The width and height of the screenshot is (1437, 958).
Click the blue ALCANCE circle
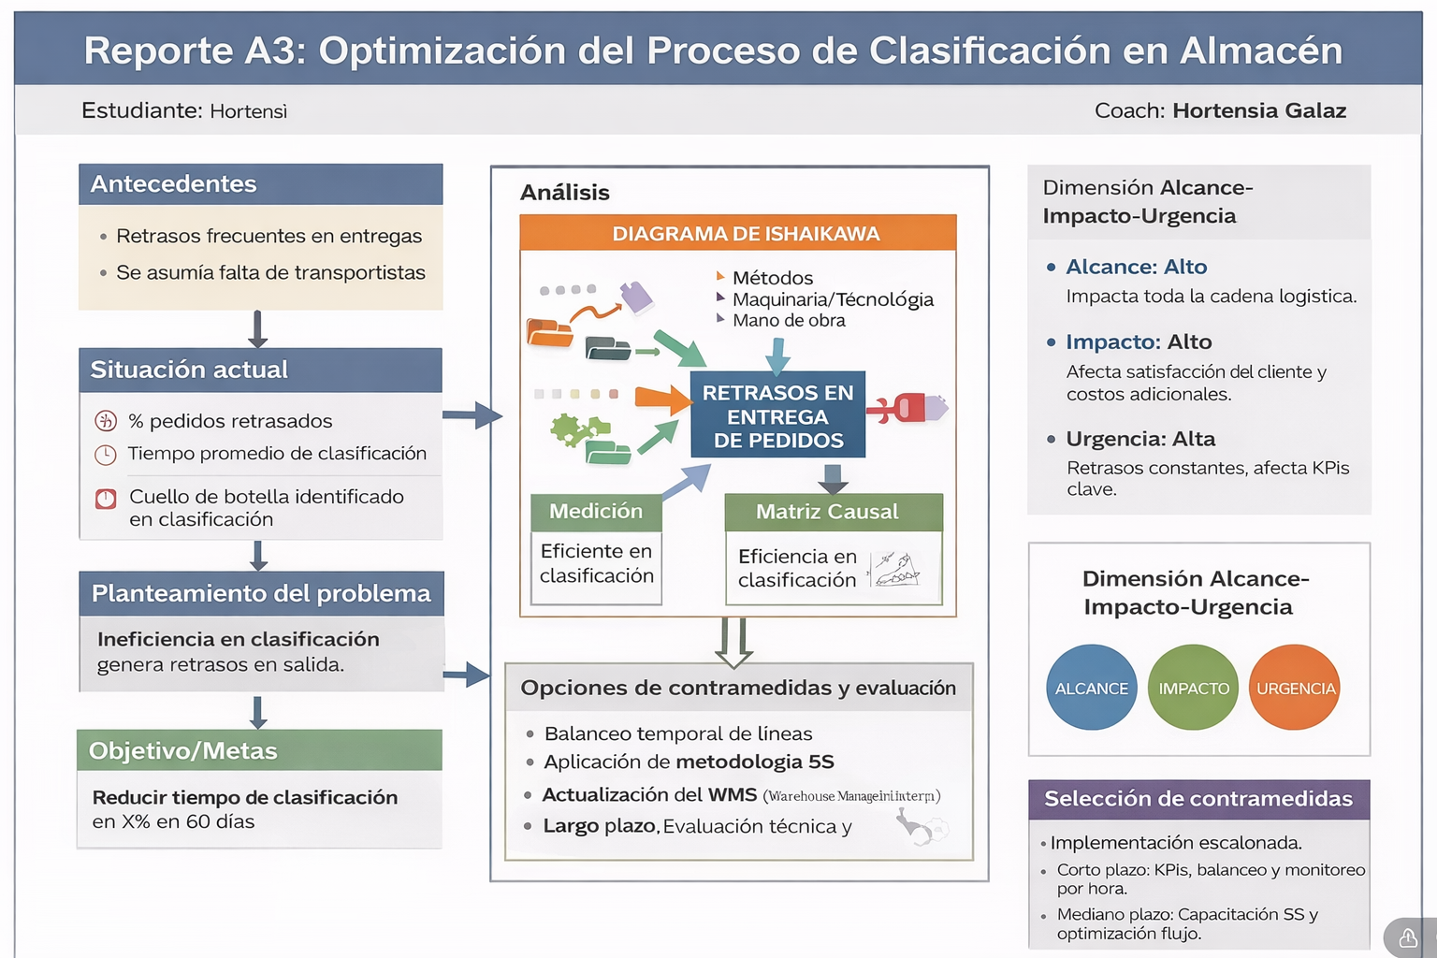1091,688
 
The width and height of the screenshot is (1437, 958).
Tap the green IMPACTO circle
1193,688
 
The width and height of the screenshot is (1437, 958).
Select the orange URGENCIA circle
1295,688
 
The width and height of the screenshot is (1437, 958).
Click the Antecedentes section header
260,184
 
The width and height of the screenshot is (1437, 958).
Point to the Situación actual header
260,370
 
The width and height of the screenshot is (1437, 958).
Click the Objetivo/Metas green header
259,750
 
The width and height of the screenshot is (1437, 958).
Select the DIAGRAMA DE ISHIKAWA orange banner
738,233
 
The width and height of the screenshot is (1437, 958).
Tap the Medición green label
596,512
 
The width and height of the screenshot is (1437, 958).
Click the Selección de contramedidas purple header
1198,799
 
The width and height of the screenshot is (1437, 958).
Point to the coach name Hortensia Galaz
1259,110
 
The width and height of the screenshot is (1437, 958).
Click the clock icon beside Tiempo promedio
106,455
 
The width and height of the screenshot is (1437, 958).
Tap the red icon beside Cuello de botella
106,499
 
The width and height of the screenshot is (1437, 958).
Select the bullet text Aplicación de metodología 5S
689,762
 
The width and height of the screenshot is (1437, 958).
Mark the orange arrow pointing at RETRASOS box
662,399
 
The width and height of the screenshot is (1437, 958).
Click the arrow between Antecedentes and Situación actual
258,328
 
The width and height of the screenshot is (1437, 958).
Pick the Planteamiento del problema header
261,593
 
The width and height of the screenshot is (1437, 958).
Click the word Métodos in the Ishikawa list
773,278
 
